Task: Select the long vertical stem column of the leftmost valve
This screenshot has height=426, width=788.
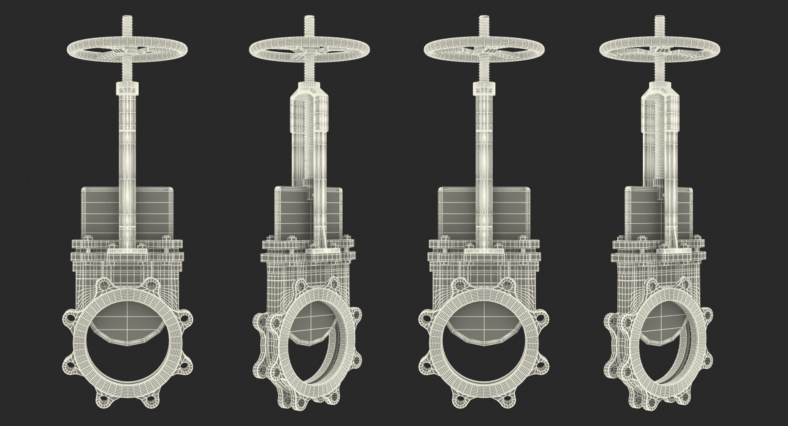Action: pyautogui.click(x=128, y=164)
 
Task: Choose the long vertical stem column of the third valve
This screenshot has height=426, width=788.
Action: pyautogui.click(x=484, y=164)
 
